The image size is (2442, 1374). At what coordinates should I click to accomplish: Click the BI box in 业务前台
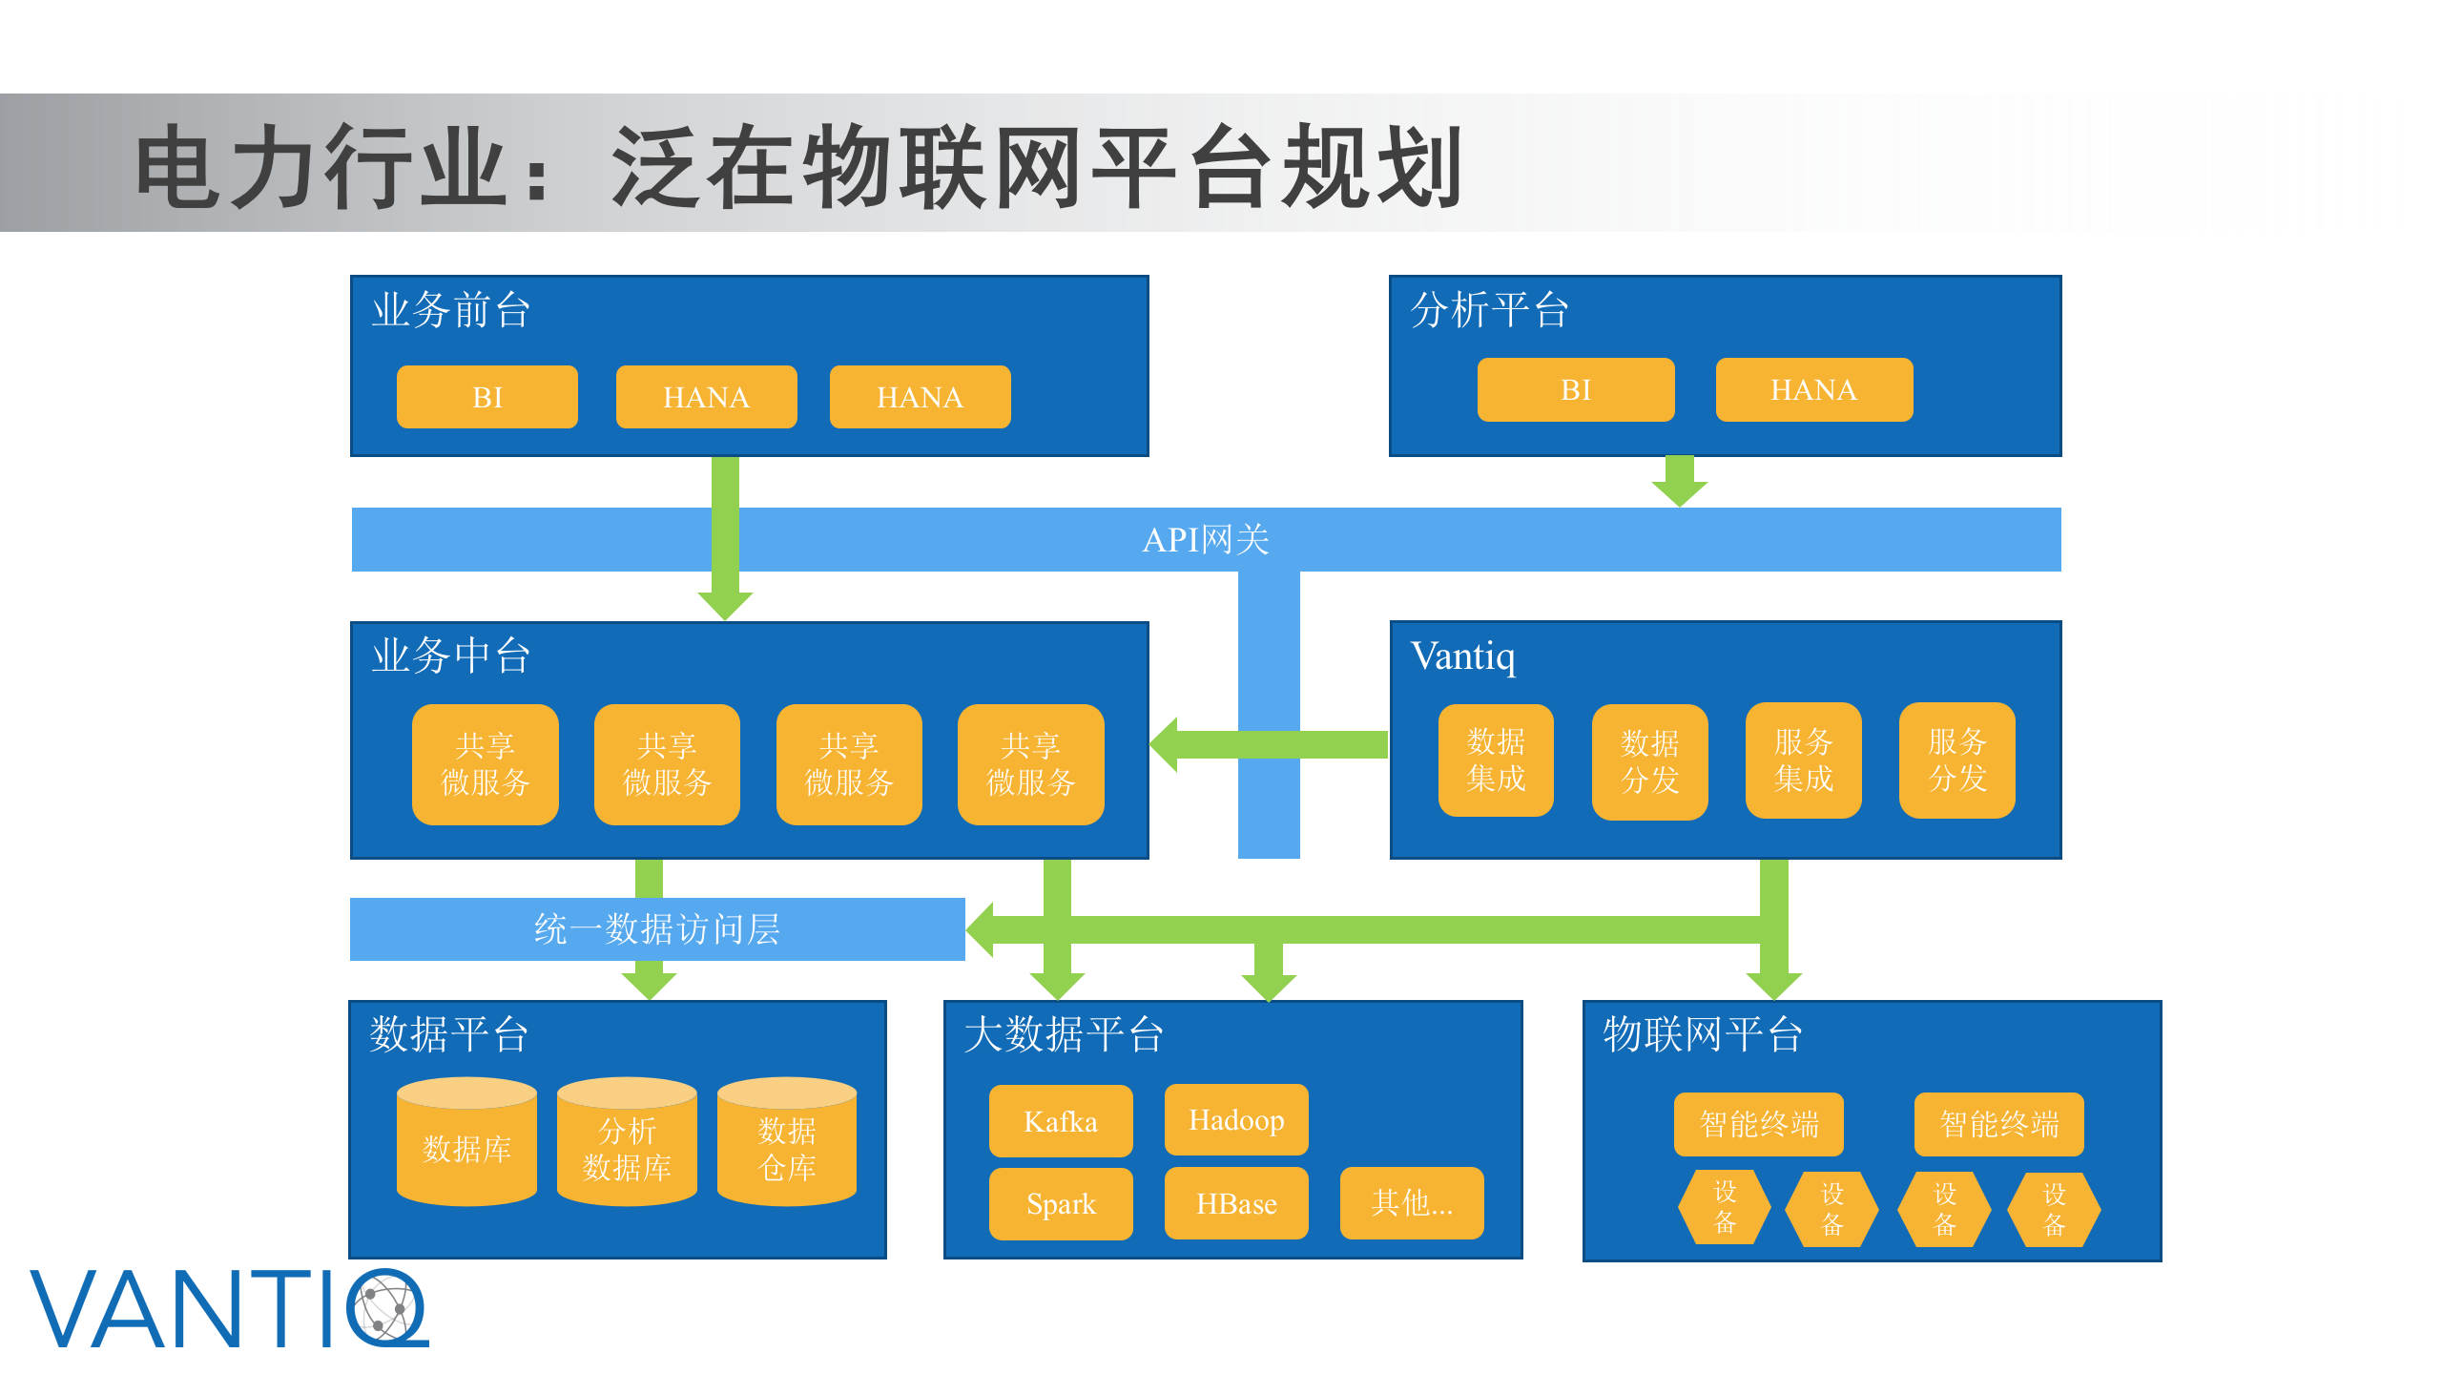486,397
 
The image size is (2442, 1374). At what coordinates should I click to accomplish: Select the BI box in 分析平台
1575,389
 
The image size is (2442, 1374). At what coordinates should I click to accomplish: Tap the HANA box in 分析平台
1813,389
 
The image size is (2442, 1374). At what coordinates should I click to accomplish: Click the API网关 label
1206,540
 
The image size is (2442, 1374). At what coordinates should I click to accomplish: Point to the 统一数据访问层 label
656,928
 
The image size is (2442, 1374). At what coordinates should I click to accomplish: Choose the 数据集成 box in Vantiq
1495,760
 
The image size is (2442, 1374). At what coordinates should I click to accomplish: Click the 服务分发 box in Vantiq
1956,760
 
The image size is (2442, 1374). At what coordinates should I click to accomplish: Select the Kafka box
1060,1121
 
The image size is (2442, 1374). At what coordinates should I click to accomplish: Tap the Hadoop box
1235,1119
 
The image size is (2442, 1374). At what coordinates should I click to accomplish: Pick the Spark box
1060,1204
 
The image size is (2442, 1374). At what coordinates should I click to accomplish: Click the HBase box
1235,1204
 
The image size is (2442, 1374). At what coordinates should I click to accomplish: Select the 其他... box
1411,1203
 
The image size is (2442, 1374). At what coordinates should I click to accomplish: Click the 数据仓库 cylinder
786,1146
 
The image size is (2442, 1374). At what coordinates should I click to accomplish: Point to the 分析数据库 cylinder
627,1146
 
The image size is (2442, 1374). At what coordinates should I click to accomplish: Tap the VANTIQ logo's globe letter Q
386,1307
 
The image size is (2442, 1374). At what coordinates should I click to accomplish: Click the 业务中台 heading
450,656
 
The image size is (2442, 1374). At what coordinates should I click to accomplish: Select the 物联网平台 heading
1702,1034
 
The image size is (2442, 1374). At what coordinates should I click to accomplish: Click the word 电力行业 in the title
321,168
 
